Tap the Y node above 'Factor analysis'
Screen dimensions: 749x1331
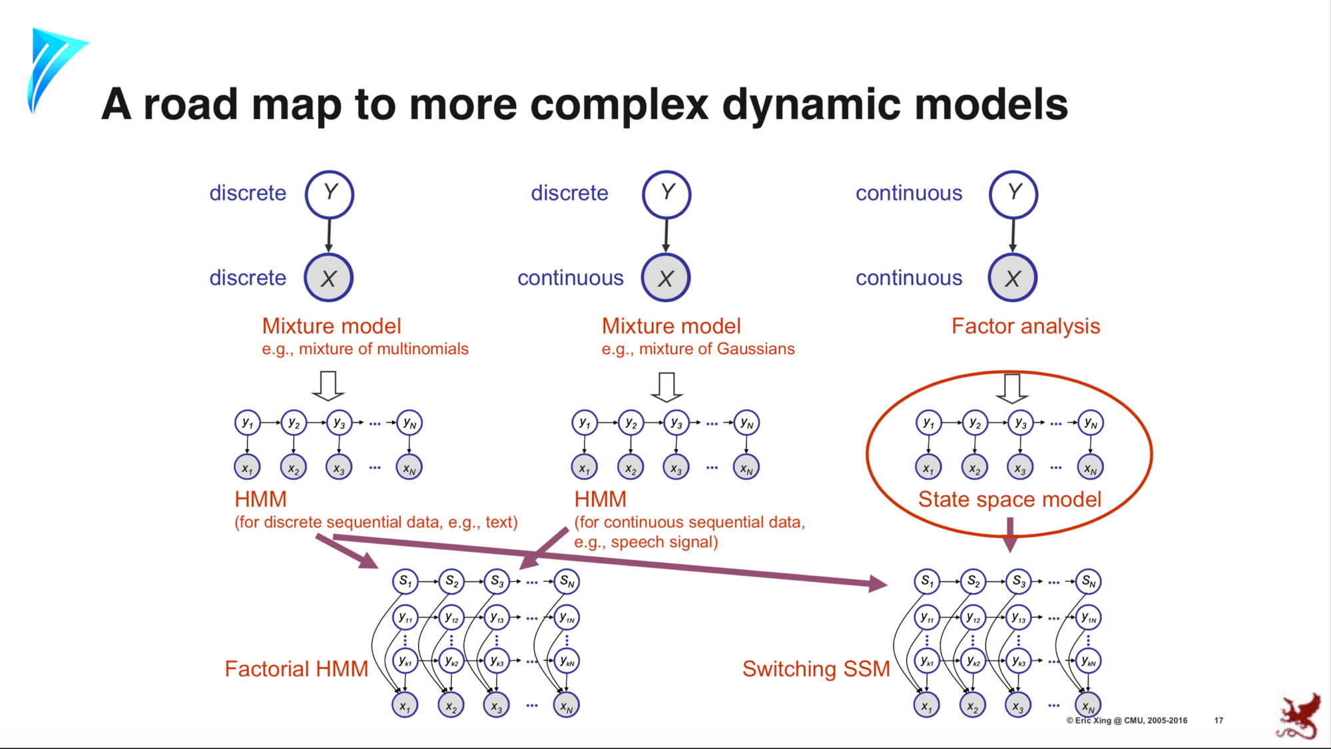[1013, 194]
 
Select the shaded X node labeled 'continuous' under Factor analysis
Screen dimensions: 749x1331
[1012, 278]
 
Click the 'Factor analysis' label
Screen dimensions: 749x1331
[1025, 326]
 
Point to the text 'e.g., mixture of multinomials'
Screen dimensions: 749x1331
[365, 349]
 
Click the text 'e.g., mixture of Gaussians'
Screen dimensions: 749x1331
[698, 349]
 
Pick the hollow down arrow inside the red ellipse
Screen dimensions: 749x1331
[1012, 387]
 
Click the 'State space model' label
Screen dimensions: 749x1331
[1009, 499]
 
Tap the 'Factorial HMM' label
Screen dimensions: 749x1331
[296, 668]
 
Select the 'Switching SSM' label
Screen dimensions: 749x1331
[816, 668]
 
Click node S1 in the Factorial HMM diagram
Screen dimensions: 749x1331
[405, 581]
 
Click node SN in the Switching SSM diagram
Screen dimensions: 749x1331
[1089, 581]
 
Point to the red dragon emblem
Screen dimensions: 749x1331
[1299, 717]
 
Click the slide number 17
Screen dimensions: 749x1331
[1218, 720]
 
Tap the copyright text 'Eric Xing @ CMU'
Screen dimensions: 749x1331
[1127, 720]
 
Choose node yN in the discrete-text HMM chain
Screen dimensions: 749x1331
[409, 423]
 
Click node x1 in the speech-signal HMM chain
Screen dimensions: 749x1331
[584, 467]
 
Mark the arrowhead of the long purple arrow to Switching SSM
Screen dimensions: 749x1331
[879, 584]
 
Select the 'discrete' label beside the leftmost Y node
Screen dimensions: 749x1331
[248, 193]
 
